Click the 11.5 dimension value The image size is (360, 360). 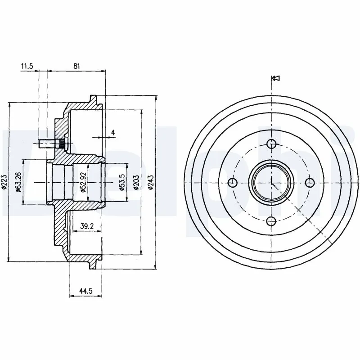pos(27,66)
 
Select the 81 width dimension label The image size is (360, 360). pos(76,66)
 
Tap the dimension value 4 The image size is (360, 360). pos(113,132)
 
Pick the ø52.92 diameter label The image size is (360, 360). pos(83,182)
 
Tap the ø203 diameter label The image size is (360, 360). pos(135,182)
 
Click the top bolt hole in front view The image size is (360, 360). pos(271,144)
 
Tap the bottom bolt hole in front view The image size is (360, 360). pos(271,221)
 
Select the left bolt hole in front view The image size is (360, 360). pos(233,182)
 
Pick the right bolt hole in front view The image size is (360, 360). pos(310,182)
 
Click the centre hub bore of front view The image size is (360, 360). pos(271,182)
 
